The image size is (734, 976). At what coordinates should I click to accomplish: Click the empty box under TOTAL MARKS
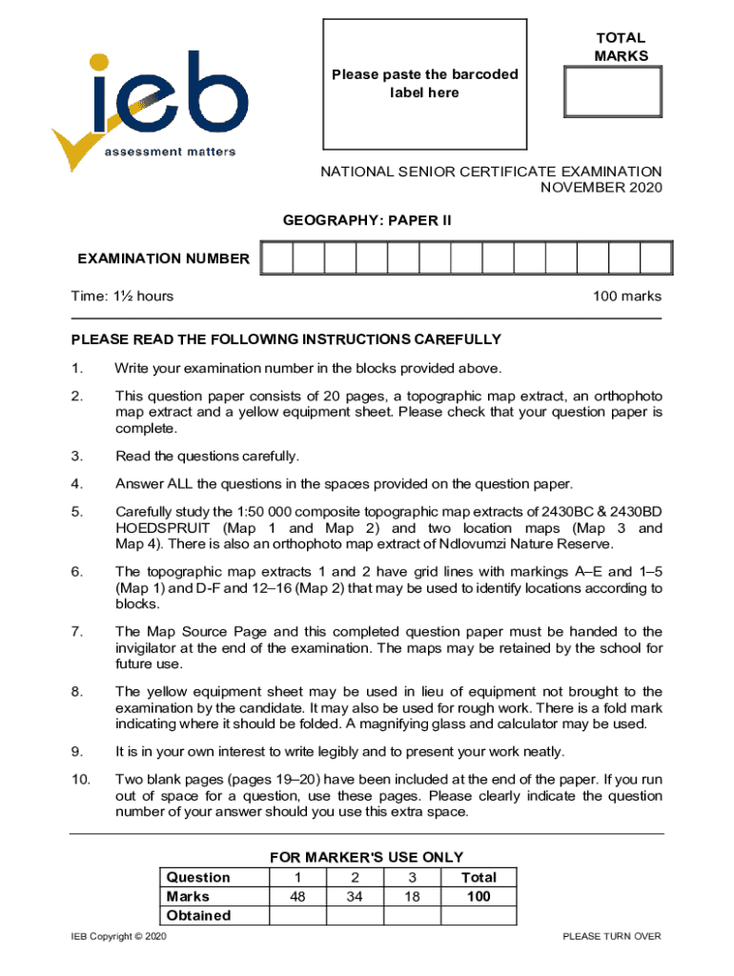(x=608, y=92)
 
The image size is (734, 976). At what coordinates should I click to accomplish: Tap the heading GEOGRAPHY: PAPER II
(x=367, y=221)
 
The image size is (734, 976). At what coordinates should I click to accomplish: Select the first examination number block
(x=276, y=258)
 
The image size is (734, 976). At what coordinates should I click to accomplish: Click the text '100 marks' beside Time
(x=626, y=296)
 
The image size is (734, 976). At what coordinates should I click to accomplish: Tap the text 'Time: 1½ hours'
(x=122, y=296)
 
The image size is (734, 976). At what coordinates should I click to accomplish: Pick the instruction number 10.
(x=80, y=780)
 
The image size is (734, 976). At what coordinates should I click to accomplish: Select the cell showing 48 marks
(x=297, y=896)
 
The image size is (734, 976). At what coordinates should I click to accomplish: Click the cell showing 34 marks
(x=355, y=896)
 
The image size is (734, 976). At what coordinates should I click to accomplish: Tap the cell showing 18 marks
(x=412, y=896)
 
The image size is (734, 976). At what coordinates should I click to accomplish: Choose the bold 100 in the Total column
(x=478, y=896)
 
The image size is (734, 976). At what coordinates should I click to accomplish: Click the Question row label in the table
(x=198, y=877)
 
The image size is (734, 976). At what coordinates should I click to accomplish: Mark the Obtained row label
(x=198, y=915)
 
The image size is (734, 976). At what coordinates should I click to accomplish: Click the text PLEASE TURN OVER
(x=611, y=936)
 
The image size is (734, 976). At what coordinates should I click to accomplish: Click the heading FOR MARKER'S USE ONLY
(x=367, y=857)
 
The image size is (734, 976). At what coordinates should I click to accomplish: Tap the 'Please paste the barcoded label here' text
(x=424, y=83)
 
